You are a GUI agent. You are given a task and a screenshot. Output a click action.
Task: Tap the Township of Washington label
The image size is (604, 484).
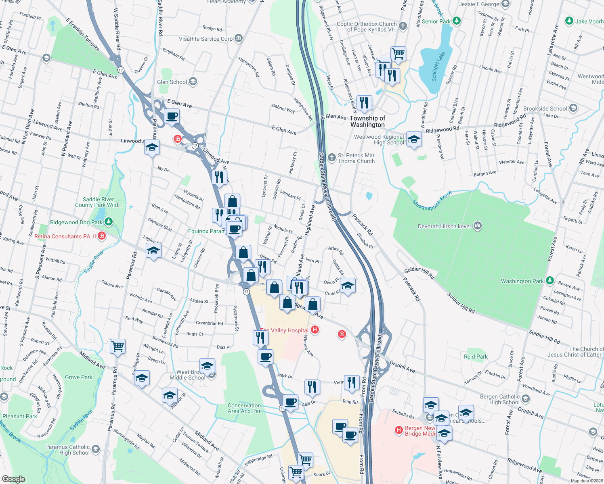[367, 121]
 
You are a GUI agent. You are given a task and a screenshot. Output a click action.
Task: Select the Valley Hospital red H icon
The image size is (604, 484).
[315, 330]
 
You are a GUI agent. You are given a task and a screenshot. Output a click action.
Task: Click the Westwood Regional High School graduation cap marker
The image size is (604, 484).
[414, 140]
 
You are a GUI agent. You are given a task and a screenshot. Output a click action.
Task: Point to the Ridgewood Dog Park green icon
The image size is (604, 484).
[108, 222]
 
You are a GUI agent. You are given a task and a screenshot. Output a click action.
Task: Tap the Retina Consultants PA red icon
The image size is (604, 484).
[102, 236]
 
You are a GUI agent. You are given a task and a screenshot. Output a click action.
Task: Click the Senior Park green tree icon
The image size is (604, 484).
[457, 21]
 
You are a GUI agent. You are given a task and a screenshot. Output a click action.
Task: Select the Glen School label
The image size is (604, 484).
[172, 82]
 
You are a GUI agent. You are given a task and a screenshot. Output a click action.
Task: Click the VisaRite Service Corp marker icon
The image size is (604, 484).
[239, 38]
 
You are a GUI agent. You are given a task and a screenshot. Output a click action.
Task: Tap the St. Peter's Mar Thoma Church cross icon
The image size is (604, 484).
[332, 158]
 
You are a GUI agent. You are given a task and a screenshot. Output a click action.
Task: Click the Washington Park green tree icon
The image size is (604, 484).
[549, 281]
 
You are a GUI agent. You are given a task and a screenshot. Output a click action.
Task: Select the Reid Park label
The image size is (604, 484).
[476, 357]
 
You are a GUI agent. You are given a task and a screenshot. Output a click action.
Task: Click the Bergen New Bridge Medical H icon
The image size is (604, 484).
[399, 430]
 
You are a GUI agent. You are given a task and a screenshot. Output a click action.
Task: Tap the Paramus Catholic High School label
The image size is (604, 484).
[67, 450]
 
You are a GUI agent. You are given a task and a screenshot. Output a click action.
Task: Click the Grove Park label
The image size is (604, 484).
[79, 377]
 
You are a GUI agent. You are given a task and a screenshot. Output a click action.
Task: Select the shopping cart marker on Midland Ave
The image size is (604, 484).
[118, 346]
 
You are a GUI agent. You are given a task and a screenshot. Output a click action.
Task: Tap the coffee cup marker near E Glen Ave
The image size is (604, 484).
[172, 117]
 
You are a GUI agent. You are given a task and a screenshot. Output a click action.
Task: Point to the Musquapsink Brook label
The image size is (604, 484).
[432, 200]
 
